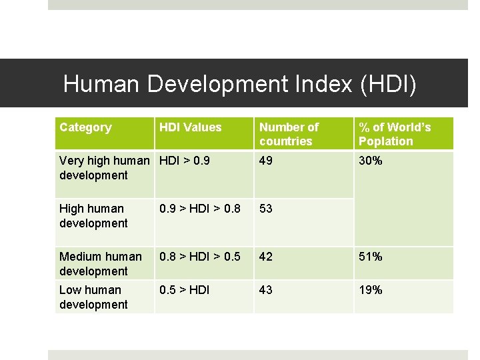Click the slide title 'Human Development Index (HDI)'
[239, 84]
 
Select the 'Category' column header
[85, 127]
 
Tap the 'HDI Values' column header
[190, 127]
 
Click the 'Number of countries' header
[289, 134]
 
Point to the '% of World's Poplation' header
[395, 134]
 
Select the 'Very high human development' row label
[104, 168]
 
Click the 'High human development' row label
[93, 216]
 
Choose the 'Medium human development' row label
[100, 264]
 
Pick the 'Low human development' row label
[93, 297]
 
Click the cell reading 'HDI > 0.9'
[184, 161]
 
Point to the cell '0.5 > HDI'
[184, 290]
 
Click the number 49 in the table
[266, 161]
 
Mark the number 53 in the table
[266, 209]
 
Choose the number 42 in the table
[266, 257]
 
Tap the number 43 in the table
[266, 290]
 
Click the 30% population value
[370, 161]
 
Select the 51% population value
[370, 257]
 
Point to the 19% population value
[370, 290]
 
